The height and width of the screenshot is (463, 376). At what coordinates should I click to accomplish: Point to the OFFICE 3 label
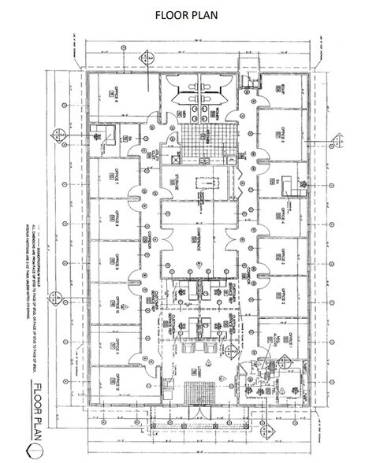(x=279, y=257)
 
